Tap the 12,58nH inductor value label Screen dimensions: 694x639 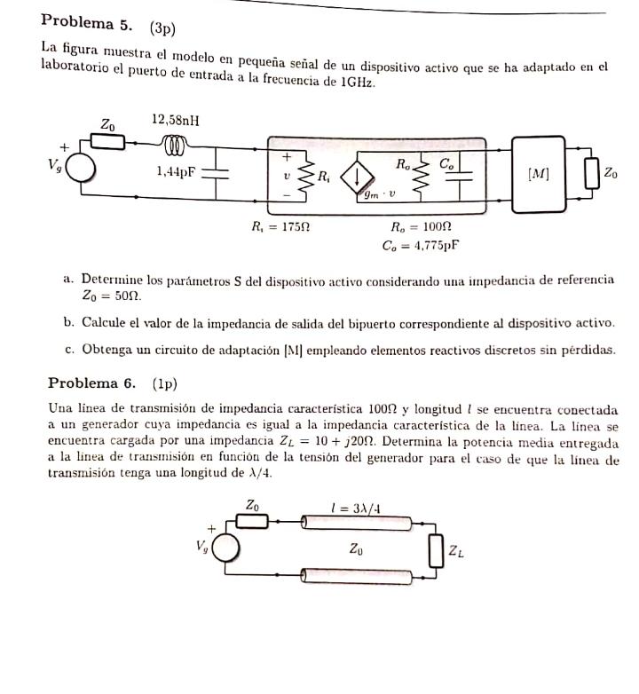pos(177,120)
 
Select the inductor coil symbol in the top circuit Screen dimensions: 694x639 pos(177,142)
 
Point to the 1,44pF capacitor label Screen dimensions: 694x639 pos(175,172)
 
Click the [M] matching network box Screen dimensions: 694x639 pos(538,174)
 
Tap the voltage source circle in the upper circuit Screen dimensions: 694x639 pos(80,168)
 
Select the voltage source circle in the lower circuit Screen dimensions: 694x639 pos(225,548)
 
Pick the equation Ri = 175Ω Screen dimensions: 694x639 pos(280,228)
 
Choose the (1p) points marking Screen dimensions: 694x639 pos(165,384)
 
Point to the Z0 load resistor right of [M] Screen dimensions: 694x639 pos(592,175)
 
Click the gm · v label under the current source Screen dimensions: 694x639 pos(377,196)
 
